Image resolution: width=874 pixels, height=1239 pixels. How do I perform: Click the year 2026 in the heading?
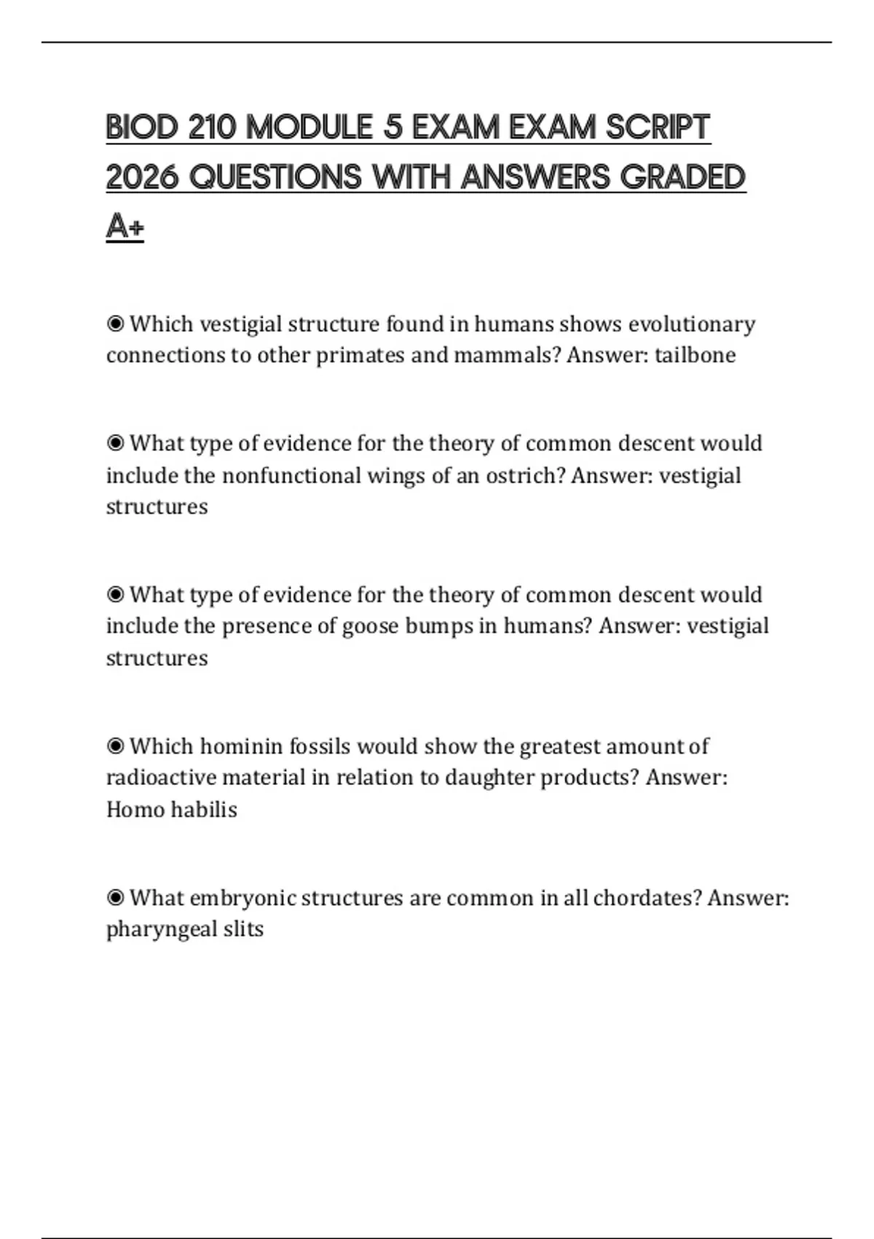142,177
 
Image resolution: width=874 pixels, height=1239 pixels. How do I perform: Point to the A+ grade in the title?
125,226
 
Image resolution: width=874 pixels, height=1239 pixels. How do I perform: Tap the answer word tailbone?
695,356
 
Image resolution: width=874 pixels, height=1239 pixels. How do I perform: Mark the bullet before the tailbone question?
115,324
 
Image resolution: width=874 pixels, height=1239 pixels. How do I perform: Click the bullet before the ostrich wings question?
115,443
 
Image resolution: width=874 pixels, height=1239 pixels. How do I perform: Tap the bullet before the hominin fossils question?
115,746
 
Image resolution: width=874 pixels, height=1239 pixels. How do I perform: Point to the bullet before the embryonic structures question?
115,898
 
